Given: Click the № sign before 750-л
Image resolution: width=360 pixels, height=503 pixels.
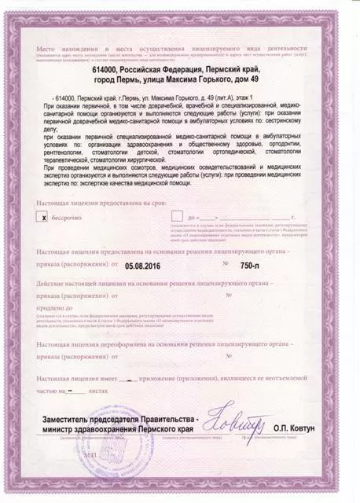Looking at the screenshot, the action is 226,266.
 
